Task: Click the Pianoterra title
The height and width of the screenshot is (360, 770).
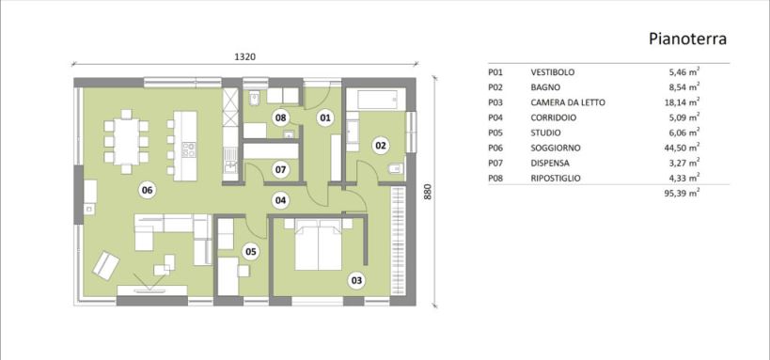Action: click(687, 39)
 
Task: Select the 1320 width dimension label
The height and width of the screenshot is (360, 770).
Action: click(245, 56)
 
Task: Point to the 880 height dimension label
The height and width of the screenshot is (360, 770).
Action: click(427, 191)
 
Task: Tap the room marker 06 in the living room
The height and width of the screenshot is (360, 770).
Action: click(147, 190)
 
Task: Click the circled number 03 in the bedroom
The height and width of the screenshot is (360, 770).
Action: click(356, 281)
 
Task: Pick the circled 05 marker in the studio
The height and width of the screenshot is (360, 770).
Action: click(251, 252)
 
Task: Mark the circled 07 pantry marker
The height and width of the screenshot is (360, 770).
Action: click(280, 170)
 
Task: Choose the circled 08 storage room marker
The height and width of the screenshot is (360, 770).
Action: click(280, 117)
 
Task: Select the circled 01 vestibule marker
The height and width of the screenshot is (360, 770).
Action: click(324, 117)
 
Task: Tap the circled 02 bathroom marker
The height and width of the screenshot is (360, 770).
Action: click(381, 146)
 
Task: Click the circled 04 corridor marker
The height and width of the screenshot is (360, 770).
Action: click(280, 200)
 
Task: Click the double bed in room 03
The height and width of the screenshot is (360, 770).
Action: click(318, 244)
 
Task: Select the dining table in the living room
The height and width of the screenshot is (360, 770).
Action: click(127, 141)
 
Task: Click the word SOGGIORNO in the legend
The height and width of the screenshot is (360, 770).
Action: click(556, 148)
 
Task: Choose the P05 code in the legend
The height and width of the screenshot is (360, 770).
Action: click(496, 133)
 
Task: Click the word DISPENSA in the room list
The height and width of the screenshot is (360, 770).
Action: click(550, 163)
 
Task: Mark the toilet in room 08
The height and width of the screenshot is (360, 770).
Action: click(255, 100)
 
